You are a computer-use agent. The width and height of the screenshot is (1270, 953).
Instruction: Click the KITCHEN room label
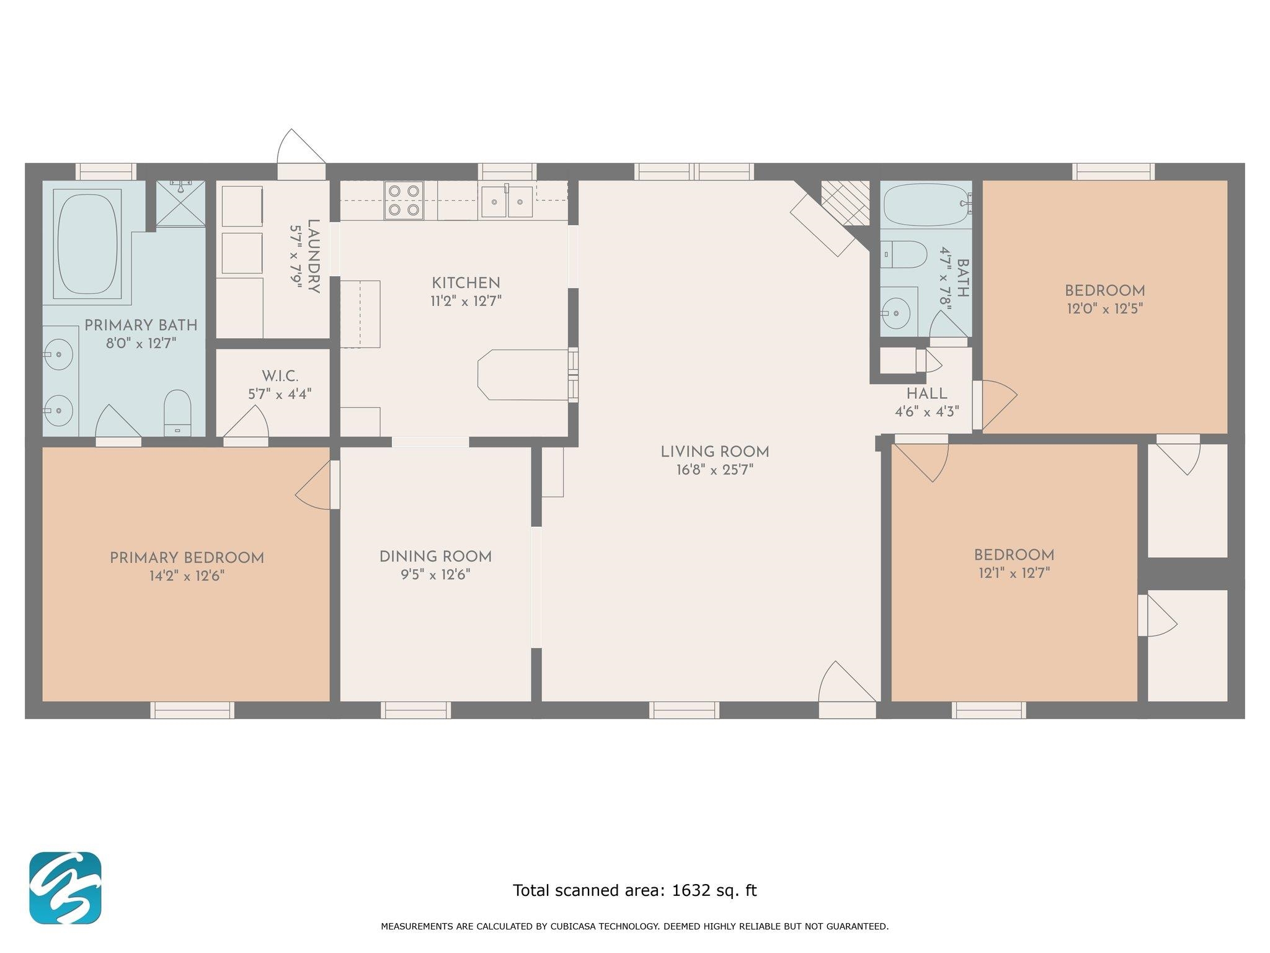point(466,284)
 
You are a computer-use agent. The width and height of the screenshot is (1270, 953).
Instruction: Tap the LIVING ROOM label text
point(714,452)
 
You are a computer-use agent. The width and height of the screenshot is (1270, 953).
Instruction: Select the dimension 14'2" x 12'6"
point(186,576)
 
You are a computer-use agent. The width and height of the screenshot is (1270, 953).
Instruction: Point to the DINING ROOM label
point(435,557)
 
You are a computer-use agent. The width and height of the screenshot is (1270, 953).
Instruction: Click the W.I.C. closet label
point(280,376)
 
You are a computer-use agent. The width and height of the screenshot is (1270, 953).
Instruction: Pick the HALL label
point(926,394)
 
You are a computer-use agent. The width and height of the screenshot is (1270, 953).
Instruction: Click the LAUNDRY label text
point(314,257)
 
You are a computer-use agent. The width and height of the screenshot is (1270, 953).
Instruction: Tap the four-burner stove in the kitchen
point(404,200)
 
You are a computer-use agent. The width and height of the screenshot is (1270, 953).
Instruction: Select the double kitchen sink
point(507,201)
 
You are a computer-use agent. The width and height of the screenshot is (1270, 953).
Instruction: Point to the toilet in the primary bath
point(177,413)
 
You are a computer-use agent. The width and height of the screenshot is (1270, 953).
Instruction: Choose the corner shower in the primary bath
point(180,204)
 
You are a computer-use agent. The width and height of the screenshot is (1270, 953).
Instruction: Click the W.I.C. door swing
point(246,425)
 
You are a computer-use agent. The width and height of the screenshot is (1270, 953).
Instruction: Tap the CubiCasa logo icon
point(65,888)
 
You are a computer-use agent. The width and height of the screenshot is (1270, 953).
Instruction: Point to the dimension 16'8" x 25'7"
point(714,470)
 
